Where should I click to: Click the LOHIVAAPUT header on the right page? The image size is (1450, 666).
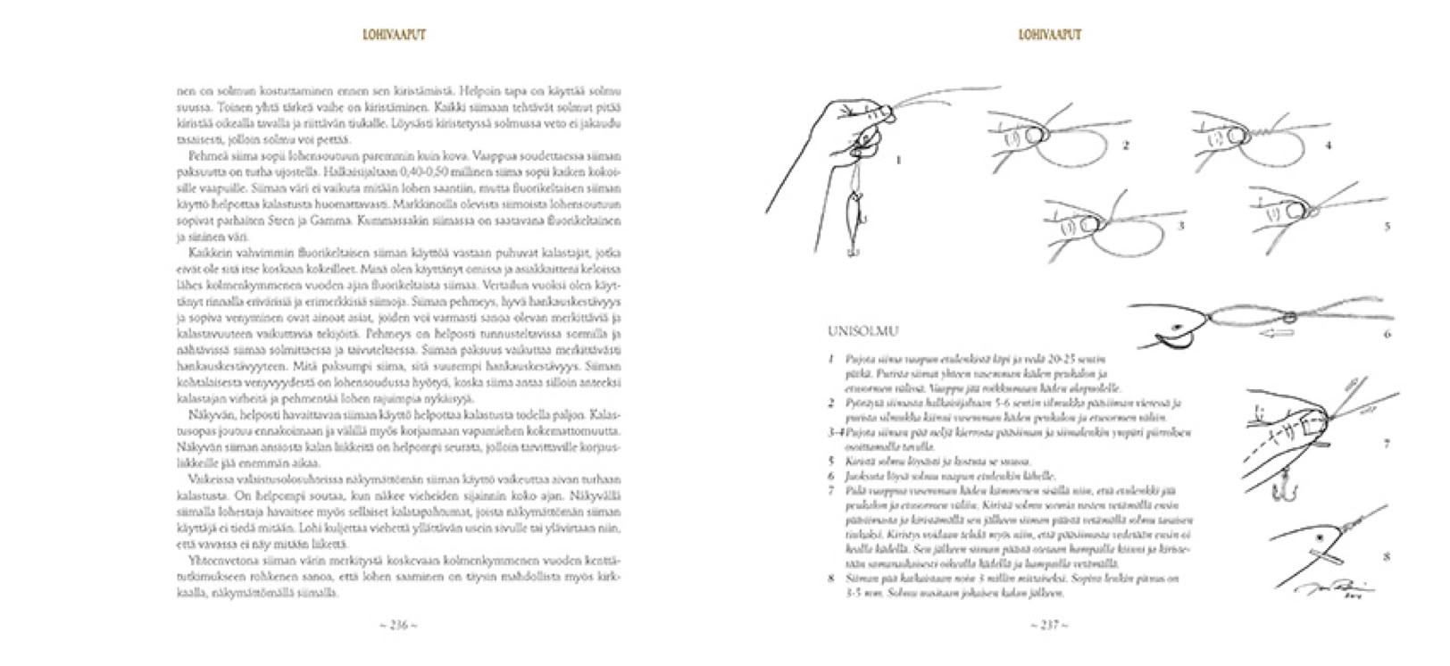(x=1049, y=35)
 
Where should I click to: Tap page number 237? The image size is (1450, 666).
(x=1049, y=625)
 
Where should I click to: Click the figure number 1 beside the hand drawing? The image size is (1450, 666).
(x=897, y=161)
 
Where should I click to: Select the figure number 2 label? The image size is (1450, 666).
(x=1127, y=145)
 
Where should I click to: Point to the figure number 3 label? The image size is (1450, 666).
(x=1180, y=226)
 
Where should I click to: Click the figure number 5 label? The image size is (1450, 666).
(x=1387, y=227)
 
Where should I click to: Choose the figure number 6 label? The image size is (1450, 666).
(x=1387, y=335)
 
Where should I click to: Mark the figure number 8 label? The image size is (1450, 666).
(x=1386, y=557)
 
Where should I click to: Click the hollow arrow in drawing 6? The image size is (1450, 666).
(x=1279, y=333)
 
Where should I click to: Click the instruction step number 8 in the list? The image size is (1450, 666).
(x=831, y=579)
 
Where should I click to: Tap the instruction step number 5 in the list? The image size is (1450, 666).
(x=831, y=462)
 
